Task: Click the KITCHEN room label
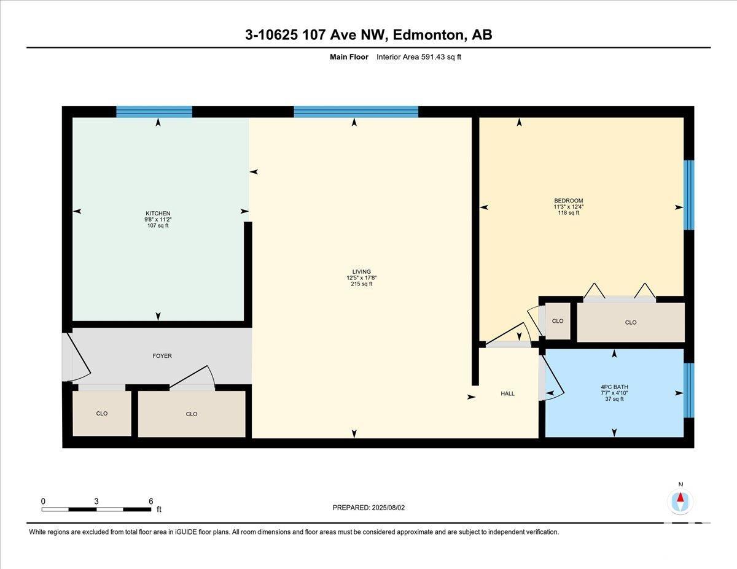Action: click(x=158, y=213)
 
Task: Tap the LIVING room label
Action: click(x=361, y=271)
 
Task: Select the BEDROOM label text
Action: click(x=569, y=201)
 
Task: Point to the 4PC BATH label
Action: click(x=614, y=387)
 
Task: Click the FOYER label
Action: click(x=162, y=356)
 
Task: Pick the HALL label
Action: click(x=507, y=393)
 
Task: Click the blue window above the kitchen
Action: click(x=154, y=112)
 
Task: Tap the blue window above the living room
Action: click(x=356, y=112)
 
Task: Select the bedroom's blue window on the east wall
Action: click(x=689, y=195)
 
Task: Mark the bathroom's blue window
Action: click(x=689, y=390)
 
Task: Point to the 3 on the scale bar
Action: click(x=96, y=501)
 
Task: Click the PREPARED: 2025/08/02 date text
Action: click(x=368, y=508)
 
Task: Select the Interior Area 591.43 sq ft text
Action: click(x=418, y=57)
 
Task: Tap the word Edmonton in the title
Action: click(x=428, y=35)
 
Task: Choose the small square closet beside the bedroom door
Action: click(x=558, y=320)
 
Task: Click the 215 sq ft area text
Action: click(x=361, y=284)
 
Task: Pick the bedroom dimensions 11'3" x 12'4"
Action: click(x=569, y=207)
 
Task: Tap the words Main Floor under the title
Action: click(x=349, y=57)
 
